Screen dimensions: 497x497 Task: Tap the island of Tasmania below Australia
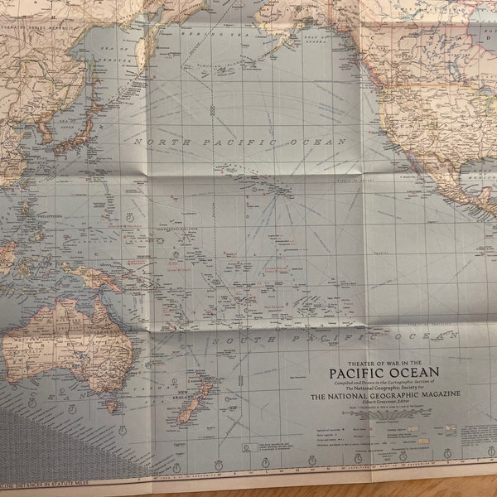tap(109, 406)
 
